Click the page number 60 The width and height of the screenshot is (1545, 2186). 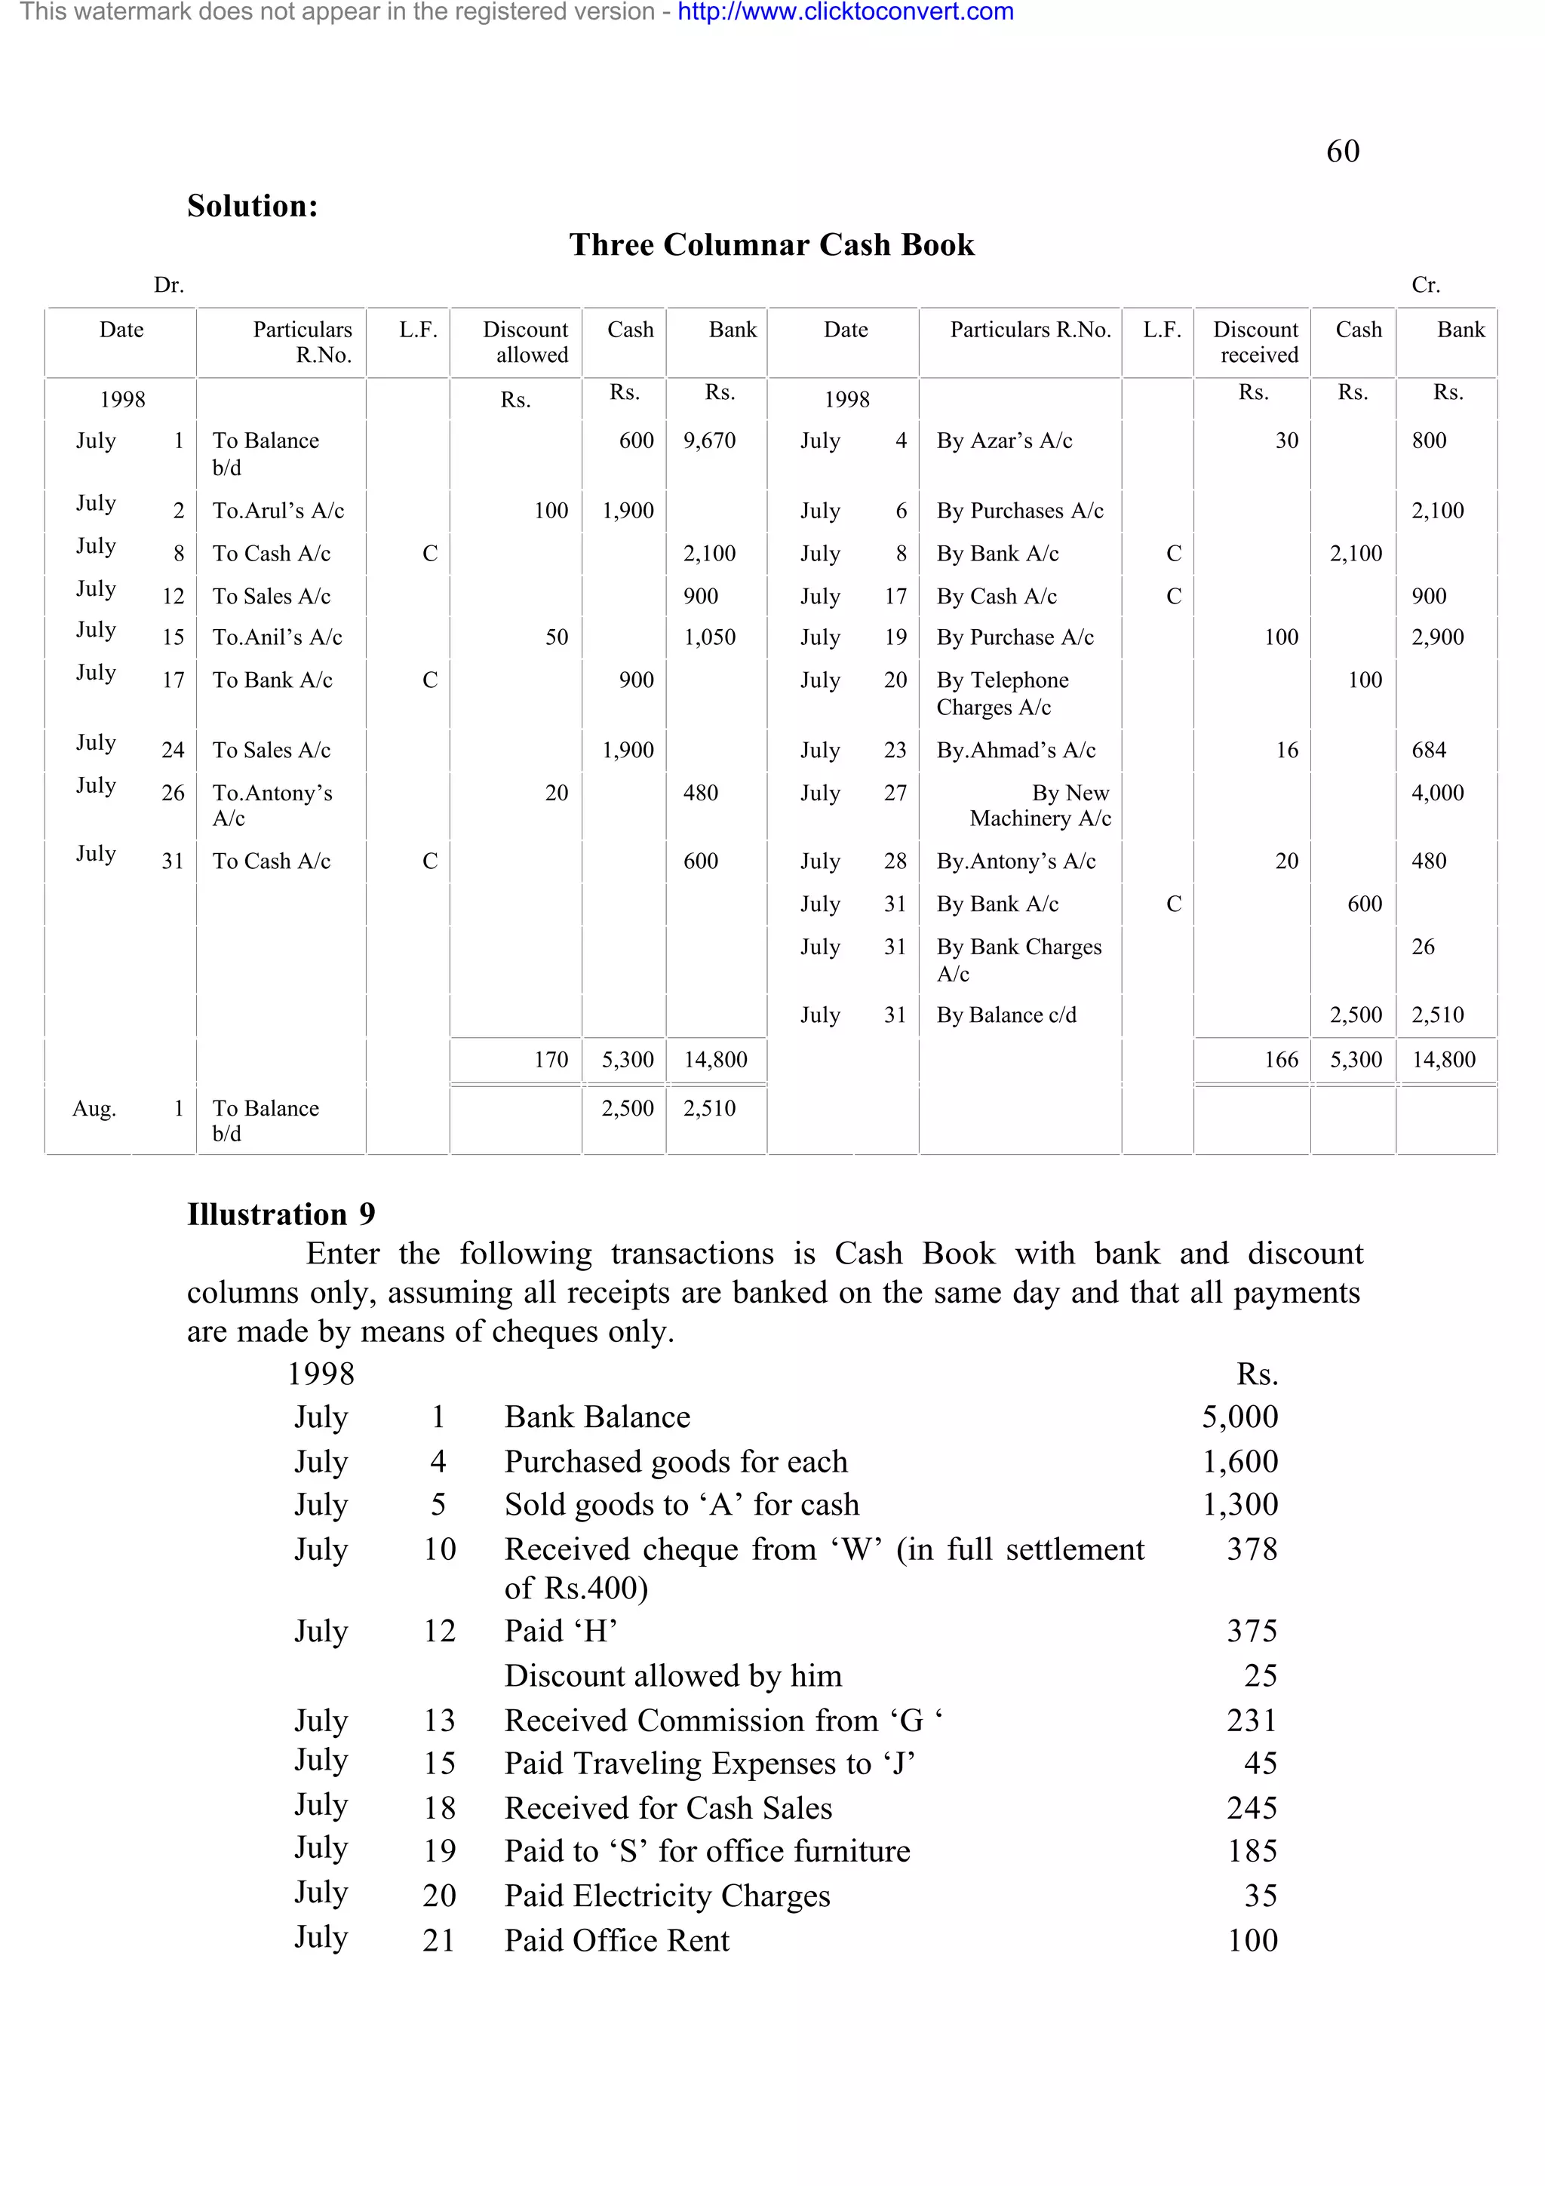[x=1342, y=152]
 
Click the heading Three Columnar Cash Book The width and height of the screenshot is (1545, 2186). [x=771, y=244]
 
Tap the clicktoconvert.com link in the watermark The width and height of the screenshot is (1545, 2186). [x=846, y=12]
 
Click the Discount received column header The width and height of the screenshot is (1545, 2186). [x=1255, y=342]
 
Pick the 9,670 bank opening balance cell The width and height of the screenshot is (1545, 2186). [x=709, y=441]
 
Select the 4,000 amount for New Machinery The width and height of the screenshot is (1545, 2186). [x=1436, y=793]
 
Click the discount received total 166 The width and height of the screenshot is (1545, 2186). [x=1280, y=1060]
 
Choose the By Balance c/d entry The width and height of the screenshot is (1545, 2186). [x=1006, y=1015]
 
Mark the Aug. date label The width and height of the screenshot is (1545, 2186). [x=94, y=1109]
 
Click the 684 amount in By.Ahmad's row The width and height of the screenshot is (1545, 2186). [x=1428, y=751]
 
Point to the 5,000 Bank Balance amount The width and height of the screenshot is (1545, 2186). [x=1239, y=1417]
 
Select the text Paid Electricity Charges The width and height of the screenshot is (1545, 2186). [x=666, y=1896]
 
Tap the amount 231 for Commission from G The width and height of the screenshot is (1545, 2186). [x=1251, y=1721]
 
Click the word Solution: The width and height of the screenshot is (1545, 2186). [x=252, y=206]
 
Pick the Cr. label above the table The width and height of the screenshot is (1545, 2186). [x=1424, y=284]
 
